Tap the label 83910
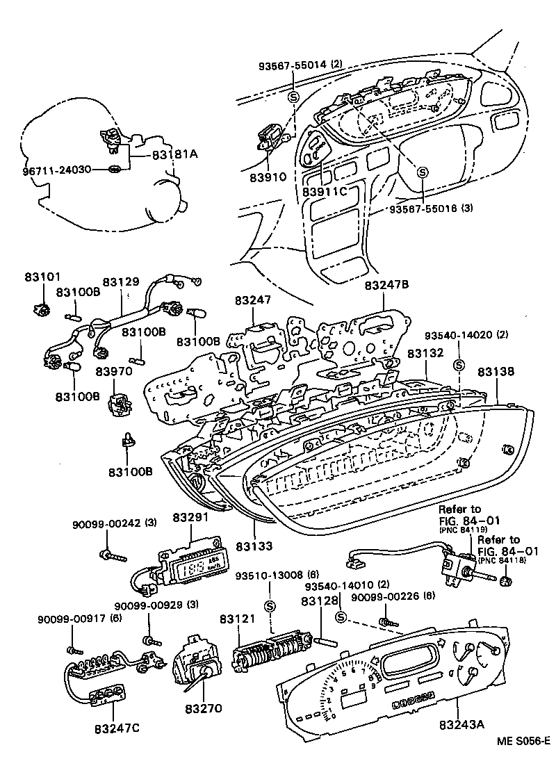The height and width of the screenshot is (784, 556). (x=268, y=177)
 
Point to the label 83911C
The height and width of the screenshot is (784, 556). (x=324, y=191)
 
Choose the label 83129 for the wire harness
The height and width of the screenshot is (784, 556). (x=122, y=282)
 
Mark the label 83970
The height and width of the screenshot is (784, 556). (x=114, y=372)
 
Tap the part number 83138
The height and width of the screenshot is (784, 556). (x=496, y=372)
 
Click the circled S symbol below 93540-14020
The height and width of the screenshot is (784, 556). (x=458, y=364)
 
